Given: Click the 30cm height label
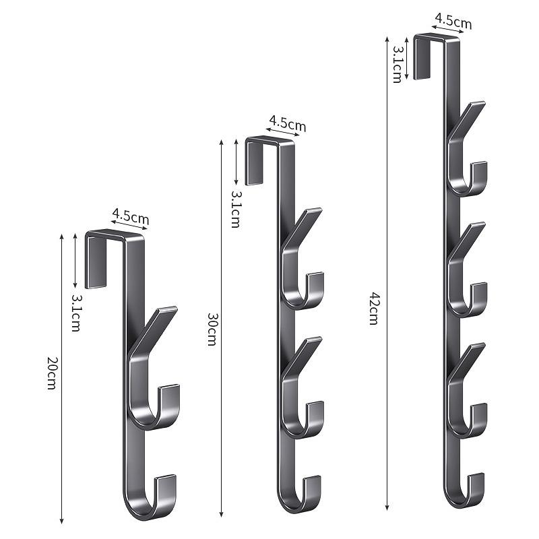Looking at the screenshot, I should point(212,329).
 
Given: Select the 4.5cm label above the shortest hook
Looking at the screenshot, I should point(131,217).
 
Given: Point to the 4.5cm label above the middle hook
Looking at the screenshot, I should point(288,123).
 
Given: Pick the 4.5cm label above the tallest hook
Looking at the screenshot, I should point(453,22).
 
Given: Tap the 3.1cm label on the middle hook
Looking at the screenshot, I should point(235,209).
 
